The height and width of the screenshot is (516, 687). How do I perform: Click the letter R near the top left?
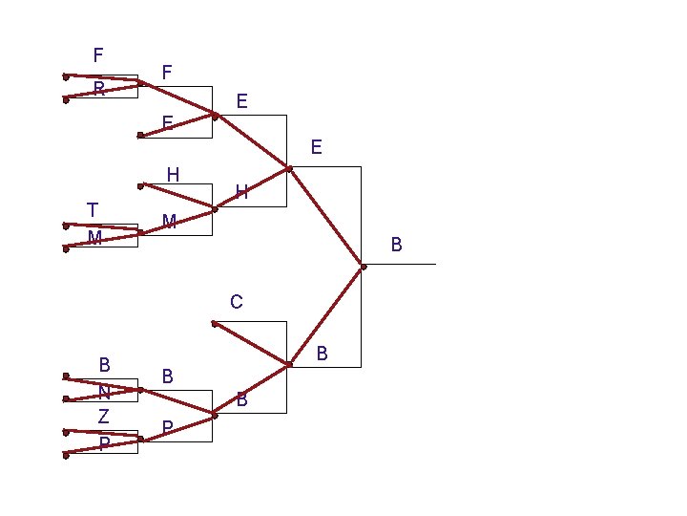point(98,90)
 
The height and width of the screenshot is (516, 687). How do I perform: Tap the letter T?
point(92,209)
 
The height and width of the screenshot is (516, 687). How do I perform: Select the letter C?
point(237,303)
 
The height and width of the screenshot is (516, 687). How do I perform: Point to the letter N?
point(104,392)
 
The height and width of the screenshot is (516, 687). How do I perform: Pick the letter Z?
point(103,417)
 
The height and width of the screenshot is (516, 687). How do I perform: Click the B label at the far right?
point(397,247)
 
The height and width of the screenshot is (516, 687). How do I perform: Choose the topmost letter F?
point(98,54)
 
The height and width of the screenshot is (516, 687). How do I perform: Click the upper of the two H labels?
point(173,175)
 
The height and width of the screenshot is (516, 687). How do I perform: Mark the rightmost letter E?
point(316,148)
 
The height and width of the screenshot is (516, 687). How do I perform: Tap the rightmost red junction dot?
point(364,266)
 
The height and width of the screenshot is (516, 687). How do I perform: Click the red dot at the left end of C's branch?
point(214,323)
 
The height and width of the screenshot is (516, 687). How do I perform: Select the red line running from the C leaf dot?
point(251,343)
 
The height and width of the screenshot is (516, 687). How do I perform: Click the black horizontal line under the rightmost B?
point(410,264)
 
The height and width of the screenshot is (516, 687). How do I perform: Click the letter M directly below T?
point(94,238)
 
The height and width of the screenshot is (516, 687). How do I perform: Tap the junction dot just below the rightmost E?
point(289,169)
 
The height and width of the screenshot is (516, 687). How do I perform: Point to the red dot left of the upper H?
point(140,184)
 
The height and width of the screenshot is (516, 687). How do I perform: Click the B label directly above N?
point(105,364)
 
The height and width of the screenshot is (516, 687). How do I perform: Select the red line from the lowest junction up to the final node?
point(326,314)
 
